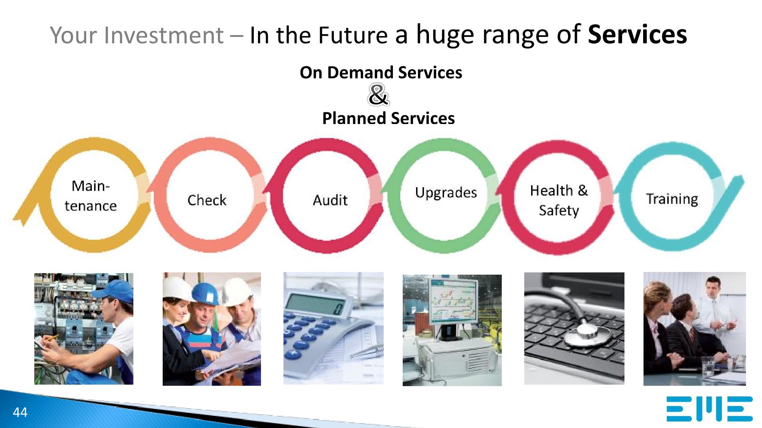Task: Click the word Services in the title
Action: tap(637, 35)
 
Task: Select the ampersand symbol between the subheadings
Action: tap(378, 95)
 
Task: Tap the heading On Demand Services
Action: tap(381, 72)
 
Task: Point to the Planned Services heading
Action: tap(388, 118)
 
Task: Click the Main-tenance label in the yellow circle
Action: tap(91, 196)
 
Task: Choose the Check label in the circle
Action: tap(207, 200)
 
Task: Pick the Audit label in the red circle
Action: tap(330, 200)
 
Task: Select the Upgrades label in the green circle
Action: tap(446, 193)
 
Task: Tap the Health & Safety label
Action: tap(559, 200)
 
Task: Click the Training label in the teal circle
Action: tap(672, 199)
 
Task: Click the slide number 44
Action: tap(20, 412)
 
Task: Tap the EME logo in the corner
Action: tap(709, 409)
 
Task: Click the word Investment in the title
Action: tap(163, 35)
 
